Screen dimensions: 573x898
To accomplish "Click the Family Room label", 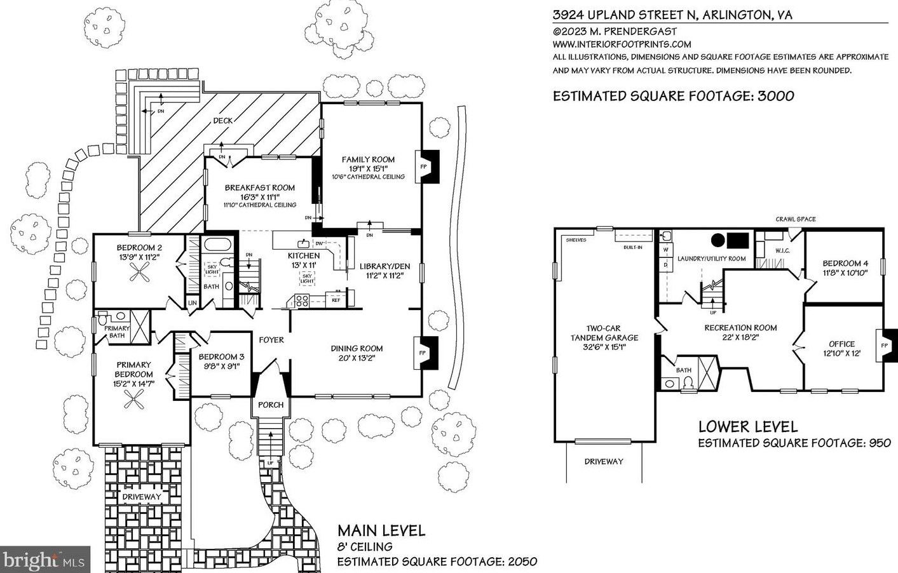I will click(368, 159).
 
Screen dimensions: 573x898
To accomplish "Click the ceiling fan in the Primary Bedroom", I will click(133, 399).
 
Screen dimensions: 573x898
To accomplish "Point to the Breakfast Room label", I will click(259, 187).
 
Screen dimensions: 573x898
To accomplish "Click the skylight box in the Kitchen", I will click(307, 277).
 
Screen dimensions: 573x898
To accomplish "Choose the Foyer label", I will click(271, 340).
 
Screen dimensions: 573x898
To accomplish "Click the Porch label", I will click(271, 405).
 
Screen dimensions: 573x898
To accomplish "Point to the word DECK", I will click(222, 121).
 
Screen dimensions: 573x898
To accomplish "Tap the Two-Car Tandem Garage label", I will click(604, 337).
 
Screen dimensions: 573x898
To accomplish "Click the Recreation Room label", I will click(740, 328).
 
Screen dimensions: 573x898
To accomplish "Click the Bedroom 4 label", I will click(845, 263).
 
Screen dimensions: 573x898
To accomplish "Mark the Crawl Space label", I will click(795, 219).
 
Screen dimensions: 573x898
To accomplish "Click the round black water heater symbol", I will click(718, 240).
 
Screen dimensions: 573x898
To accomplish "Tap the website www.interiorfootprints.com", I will click(622, 44).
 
